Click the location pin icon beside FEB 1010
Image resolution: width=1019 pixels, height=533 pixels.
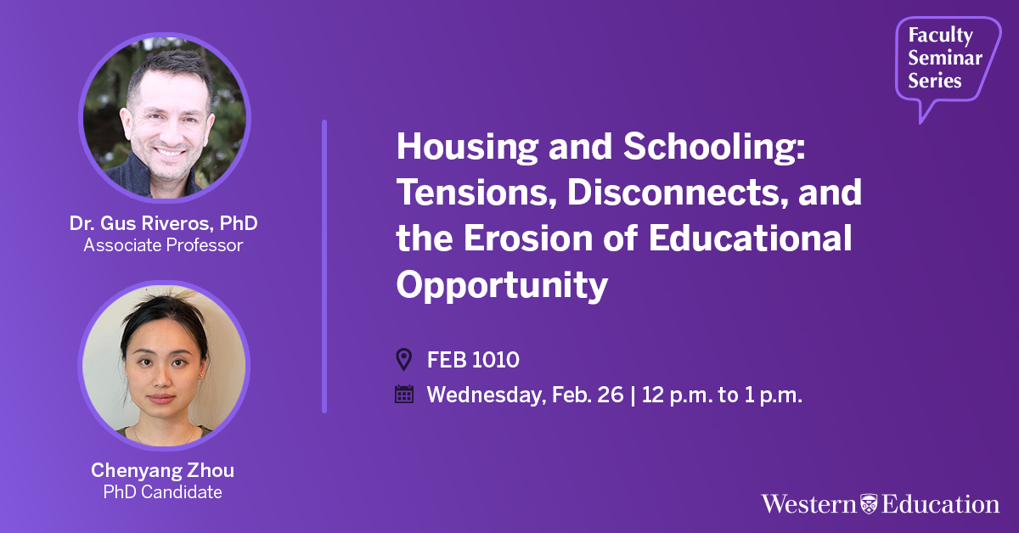[x=404, y=359]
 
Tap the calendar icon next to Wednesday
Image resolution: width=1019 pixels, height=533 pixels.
[x=404, y=394]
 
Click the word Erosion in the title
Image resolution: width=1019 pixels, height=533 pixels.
[x=528, y=238]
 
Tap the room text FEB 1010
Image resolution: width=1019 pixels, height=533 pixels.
[x=473, y=360]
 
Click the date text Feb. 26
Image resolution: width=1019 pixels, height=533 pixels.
[x=588, y=395]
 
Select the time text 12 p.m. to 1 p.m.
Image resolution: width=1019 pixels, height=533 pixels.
[x=722, y=395]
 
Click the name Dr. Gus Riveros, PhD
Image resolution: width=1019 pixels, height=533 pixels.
[x=164, y=223]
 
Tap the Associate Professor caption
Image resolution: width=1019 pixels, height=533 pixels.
[x=163, y=245]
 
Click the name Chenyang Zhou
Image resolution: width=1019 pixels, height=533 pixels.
[x=163, y=470]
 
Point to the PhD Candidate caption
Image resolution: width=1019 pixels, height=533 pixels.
[x=163, y=492]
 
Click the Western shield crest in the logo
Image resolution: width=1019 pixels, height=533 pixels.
[x=869, y=504]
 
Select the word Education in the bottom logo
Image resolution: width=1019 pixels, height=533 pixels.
[x=941, y=504]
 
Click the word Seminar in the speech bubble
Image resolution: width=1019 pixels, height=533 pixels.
[x=945, y=58]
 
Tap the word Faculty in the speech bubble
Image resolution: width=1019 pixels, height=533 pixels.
[x=941, y=36]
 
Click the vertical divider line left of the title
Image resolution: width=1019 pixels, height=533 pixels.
[x=324, y=266]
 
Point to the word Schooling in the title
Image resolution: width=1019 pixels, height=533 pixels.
[x=714, y=148]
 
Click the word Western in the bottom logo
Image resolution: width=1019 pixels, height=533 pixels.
[x=808, y=504]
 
